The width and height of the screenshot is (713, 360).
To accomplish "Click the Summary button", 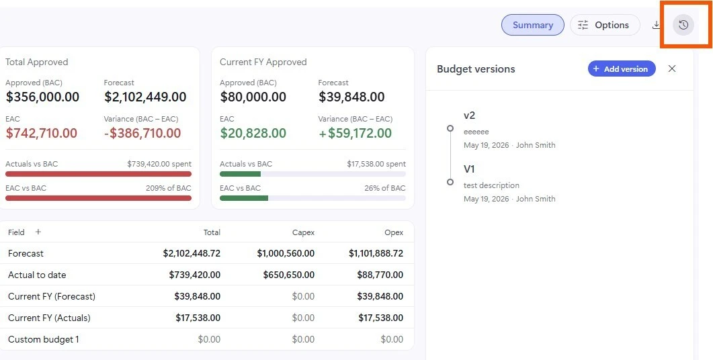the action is [532, 25].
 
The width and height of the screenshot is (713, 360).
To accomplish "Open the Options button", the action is [605, 25].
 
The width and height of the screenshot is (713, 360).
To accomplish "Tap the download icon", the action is [656, 25].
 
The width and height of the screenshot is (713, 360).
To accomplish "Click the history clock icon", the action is [683, 25].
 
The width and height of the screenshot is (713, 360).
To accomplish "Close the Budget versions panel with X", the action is [672, 69].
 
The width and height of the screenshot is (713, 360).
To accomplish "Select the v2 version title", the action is [469, 116].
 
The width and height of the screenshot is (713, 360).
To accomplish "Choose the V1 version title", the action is [469, 169].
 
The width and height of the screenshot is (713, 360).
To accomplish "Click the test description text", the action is [491, 185].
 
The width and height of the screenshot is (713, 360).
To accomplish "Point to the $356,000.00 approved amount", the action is [42, 97].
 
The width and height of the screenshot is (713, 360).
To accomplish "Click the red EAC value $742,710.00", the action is [42, 133].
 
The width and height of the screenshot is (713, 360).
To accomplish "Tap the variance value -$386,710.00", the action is [142, 133].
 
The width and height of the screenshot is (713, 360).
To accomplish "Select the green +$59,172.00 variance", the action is [355, 133].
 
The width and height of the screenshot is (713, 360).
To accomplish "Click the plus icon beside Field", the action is [38, 232].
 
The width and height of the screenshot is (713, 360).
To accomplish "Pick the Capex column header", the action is [303, 232].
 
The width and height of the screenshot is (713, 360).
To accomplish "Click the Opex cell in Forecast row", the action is [376, 253].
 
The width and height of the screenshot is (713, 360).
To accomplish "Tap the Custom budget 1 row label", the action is [44, 339].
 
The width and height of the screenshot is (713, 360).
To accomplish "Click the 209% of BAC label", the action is [168, 188].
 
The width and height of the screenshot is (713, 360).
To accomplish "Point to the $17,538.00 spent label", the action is [376, 164].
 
